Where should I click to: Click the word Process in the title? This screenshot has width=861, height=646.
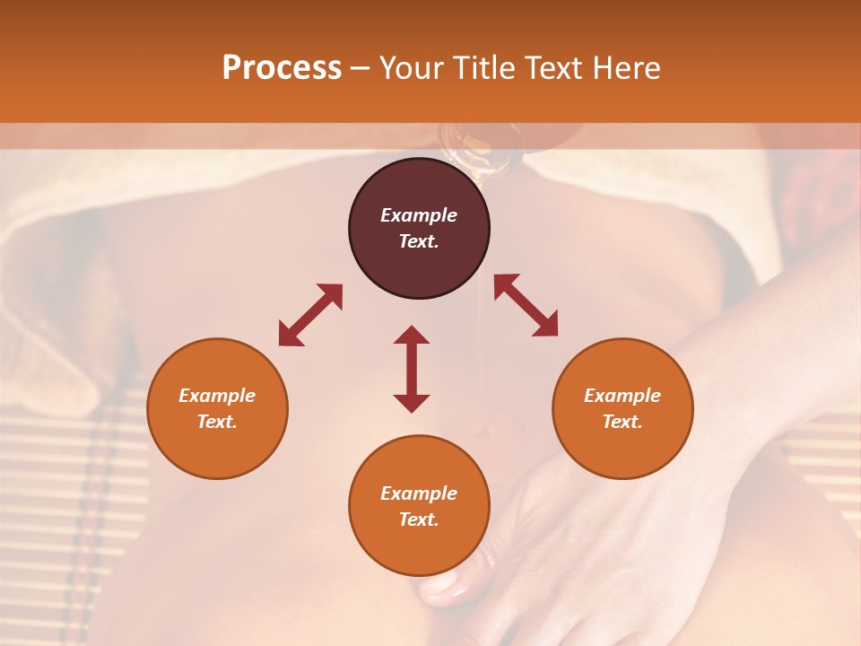282,68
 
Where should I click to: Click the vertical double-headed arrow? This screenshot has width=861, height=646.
412,369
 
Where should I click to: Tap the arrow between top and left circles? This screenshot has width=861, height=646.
310,314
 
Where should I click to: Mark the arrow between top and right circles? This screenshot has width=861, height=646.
526,305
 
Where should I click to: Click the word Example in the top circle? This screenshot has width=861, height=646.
419,215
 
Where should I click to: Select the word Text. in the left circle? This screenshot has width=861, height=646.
217,422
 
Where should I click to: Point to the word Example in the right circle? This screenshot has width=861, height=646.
622,396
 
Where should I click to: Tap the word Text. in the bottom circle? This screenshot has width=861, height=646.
419,519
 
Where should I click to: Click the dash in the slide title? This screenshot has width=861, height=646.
361,68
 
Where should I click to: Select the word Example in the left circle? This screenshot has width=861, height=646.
217,396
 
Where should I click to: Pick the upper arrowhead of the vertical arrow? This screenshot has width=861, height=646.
412,335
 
